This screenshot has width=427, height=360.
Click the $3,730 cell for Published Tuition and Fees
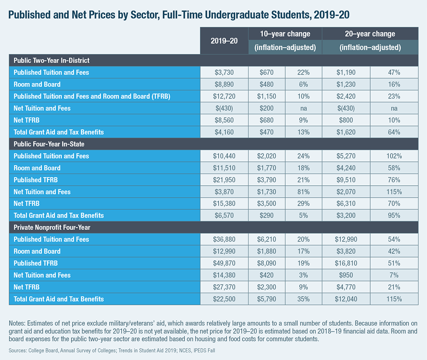(x=224, y=73)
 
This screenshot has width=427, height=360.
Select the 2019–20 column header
(x=224, y=41)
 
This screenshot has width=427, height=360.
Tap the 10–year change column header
(x=285, y=34)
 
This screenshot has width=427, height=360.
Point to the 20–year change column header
(x=370, y=34)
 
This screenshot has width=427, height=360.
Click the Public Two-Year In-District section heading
(x=52, y=61)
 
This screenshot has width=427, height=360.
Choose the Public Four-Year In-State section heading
(x=49, y=144)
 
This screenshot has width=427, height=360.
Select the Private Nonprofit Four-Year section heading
(x=52, y=227)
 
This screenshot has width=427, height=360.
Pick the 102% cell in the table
(x=394, y=156)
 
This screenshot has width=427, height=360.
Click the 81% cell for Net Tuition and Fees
(x=303, y=192)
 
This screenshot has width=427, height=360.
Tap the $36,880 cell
(x=224, y=239)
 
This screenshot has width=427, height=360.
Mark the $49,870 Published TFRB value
(x=224, y=263)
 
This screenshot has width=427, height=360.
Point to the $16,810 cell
(x=346, y=263)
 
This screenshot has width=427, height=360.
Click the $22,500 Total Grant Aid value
(x=224, y=299)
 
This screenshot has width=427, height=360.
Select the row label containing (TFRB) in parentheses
(x=92, y=96)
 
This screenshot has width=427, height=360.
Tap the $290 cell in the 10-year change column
(x=266, y=216)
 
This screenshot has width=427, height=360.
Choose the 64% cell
(x=394, y=132)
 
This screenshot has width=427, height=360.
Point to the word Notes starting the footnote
(x=17, y=317)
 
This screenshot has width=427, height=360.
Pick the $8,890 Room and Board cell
(x=224, y=84)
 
